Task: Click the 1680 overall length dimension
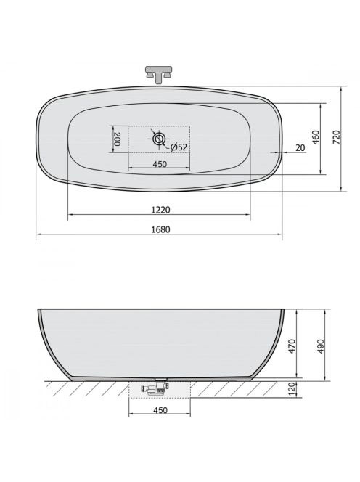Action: click(x=161, y=229)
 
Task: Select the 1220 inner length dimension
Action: click(x=161, y=210)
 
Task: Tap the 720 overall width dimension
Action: click(x=337, y=137)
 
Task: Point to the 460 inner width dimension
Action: click(x=316, y=137)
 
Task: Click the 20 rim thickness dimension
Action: click(x=300, y=148)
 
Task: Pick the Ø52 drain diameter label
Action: click(x=179, y=147)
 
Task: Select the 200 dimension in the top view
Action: click(x=117, y=139)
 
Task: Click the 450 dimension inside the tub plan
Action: click(x=160, y=164)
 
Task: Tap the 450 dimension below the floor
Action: click(x=160, y=410)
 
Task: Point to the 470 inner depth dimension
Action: click(x=292, y=346)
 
